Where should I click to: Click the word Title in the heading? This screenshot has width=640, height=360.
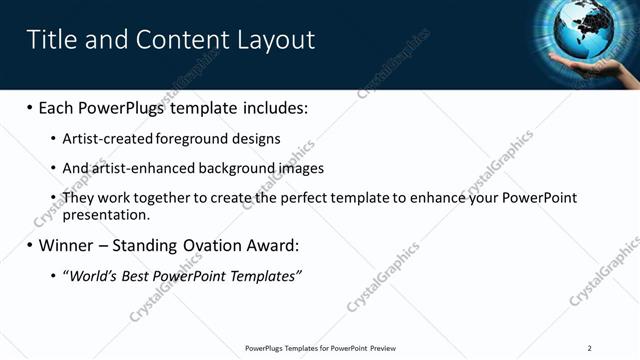click(49, 39)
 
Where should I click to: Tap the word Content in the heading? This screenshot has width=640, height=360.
click(179, 39)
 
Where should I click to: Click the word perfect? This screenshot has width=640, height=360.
click(315, 198)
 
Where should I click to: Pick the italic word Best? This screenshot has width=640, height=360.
click(137, 275)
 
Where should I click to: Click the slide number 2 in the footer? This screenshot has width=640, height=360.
click(590, 348)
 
